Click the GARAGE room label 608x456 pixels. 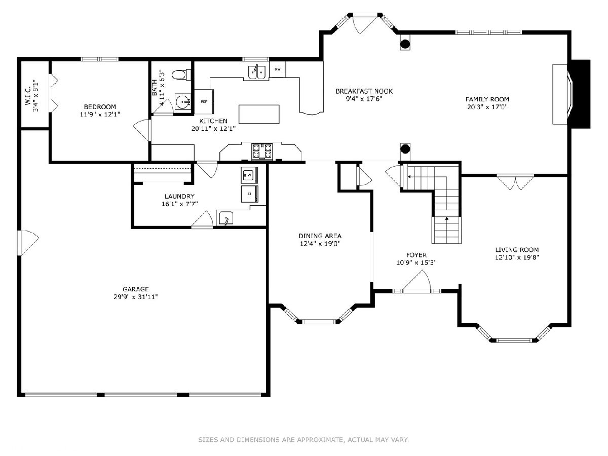coord(135,289)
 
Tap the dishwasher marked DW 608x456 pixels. coord(278,69)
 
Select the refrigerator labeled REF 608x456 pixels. coord(204,102)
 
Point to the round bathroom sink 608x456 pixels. coord(183,102)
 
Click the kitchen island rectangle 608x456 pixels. coord(259,114)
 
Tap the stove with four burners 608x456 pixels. coord(262,151)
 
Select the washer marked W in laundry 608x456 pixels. coord(249,175)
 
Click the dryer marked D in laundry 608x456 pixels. coord(249,194)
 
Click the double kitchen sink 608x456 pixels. coord(256,72)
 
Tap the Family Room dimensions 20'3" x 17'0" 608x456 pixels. coord(487,107)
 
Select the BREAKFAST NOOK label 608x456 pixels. coord(364,91)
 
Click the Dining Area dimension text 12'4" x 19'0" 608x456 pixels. coord(320,244)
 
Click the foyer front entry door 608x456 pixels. coord(417,290)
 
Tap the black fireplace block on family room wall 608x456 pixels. coord(580,94)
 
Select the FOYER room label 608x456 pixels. coord(416,255)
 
